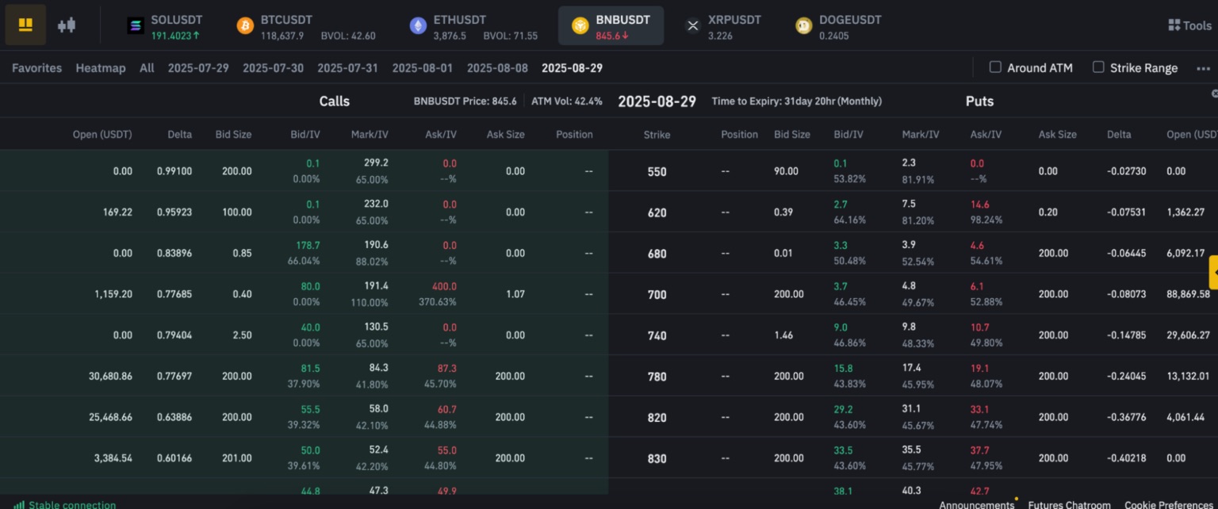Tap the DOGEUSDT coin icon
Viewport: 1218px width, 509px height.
click(x=803, y=26)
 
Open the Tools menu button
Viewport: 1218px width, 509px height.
click(x=1189, y=25)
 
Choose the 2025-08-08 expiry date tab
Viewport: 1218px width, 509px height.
click(x=497, y=68)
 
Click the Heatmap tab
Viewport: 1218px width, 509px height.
click(x=101, y=68)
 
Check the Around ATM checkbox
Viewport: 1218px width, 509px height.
click(x=995, y=67)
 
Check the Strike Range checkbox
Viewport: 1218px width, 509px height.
click(x=1098, y=67)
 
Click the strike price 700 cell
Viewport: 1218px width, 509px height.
click(x=657, y=295)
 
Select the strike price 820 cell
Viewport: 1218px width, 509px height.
click(x=657, y=418)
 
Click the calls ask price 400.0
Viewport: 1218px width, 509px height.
click(x=444, y=286)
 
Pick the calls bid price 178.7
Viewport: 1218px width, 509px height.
click(x=307, y=246)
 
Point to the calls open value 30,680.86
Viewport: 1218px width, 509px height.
click(x=110, y=377)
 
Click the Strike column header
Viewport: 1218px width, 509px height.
click(x=657, y=135)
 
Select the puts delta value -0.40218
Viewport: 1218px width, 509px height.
click(x=1127, y=458)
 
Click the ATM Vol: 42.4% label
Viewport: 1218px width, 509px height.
click(x=566, y=101)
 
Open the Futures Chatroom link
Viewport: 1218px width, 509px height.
click(x=1069, y=504)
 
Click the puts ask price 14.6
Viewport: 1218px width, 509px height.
click(x=979, y=205)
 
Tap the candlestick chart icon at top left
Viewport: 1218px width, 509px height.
click(x=67, y=25)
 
